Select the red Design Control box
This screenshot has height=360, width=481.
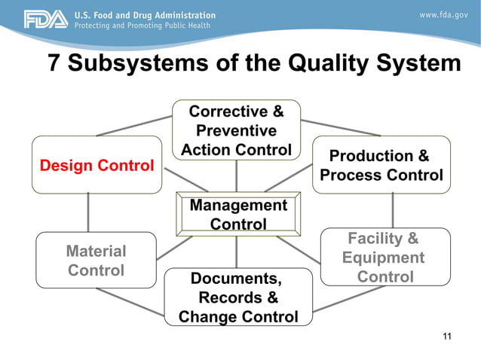pyautogui.click(x=97, y=165)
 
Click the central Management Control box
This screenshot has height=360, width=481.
pyautogui.click(x=237, y=215)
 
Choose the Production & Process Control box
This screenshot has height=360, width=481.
pyautogui.click(x=381, y=166)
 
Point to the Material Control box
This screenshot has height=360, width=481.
pyautogui.click(x=96, y=260)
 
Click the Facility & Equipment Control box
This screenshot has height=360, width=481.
pyautogui.click(x=384, y=258)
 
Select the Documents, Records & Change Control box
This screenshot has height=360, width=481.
pyautogui.click(x=238, y=298)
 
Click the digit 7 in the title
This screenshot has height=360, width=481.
pyautogui.click(x=54, y=64)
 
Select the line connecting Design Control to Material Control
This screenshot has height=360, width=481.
pyautogui.click(x=89, y=212)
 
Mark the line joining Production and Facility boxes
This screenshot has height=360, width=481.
pyautogui.click(x=392, y=211)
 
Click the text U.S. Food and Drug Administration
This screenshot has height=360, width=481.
pyautogui.click(x=144, y=15)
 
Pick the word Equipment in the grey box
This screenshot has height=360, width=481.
pyautogui.click(x=383, y=258)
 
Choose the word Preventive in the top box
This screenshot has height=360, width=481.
pyautogui.click(x=236, y=131)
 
